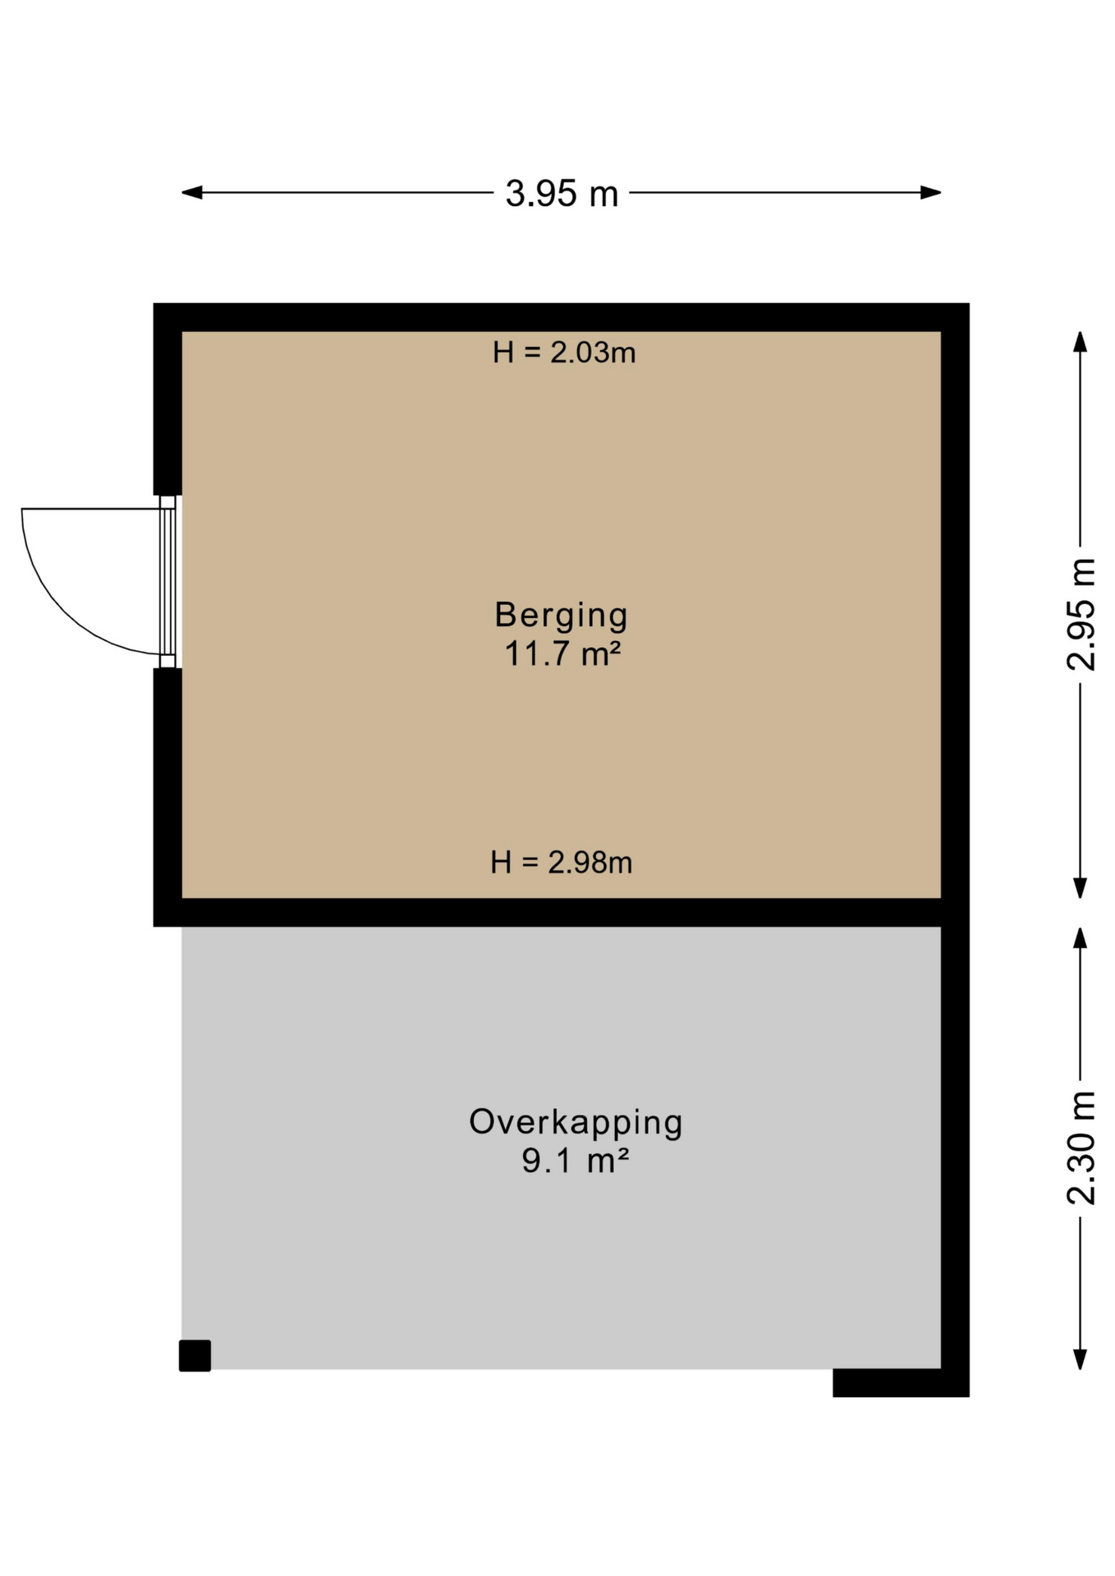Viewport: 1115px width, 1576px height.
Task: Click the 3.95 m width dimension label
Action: [x=562, y=194]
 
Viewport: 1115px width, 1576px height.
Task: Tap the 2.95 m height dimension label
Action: [x=1081, y=614]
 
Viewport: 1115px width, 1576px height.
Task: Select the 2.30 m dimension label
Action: [x=1081, y=1148]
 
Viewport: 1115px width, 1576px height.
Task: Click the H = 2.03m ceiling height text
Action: [x=564, y=353]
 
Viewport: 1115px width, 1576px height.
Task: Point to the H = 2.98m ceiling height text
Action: [x=562, y=863]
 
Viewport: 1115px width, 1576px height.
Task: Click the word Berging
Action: [x=562, y=615]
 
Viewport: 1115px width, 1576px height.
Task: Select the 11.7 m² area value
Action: [x=562, y=654]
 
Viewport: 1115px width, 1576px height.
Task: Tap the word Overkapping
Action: [x=576, y=1122]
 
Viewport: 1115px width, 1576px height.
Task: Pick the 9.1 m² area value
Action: [x=576, y=1161]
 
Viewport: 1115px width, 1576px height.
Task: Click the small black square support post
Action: [x=195, y=1356]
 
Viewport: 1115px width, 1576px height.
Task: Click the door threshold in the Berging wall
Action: [x=167, y=582]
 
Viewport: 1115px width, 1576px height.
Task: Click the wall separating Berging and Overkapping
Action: [x=562, y=912]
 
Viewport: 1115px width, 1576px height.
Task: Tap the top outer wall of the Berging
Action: [x=562, y=317]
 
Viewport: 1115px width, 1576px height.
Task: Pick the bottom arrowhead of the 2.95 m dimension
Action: [x=1081, y=888]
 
